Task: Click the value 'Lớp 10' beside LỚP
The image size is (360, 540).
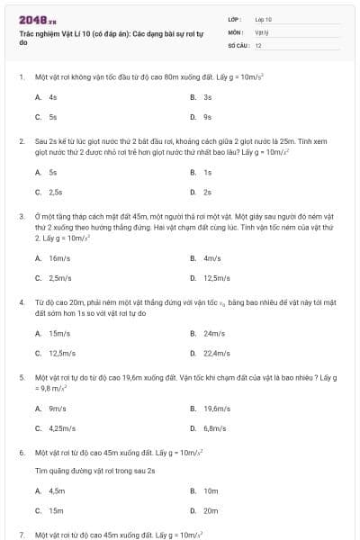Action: click(264, 19)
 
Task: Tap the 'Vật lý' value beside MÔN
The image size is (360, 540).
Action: click(262, 31)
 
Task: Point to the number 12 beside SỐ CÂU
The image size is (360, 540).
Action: click(258, 45)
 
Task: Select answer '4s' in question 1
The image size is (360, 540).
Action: click(54, 96)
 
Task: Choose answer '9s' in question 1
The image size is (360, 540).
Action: click(207, 116)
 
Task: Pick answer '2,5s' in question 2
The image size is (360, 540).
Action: click(56, 192)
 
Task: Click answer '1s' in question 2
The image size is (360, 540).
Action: click(207, 172)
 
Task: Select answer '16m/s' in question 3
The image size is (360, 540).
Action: click(59, 258)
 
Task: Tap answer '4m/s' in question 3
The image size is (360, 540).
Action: click(212, 258)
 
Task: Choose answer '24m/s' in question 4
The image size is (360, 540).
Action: click(214, 334)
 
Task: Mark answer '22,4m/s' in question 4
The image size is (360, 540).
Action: click(217, 354)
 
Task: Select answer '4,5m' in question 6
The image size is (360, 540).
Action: click(57, 490)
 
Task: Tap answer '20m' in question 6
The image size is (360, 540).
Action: click(211, 510)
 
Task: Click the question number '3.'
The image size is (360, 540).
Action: click(22, 216)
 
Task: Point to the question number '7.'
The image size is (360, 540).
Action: click(22, 535)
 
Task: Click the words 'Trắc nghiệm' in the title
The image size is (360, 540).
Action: click(39, 33)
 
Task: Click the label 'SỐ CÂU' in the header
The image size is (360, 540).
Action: click(237, 45)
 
